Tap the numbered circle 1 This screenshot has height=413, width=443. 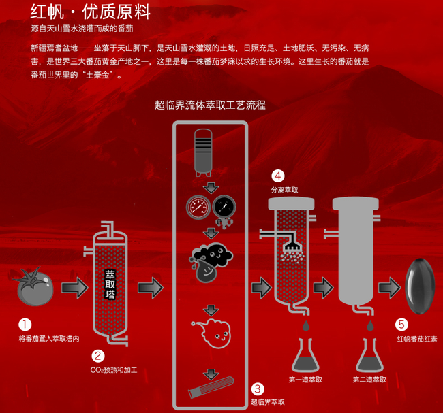(25, 326)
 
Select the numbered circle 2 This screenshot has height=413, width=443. (98, 356)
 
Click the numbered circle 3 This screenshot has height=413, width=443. (257, 389)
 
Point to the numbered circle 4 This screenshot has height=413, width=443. (278, 175)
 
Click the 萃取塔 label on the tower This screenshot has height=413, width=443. (110, 284)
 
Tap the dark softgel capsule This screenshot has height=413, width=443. (421, 286)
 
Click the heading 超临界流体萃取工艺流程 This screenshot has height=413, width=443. (210, 105)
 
